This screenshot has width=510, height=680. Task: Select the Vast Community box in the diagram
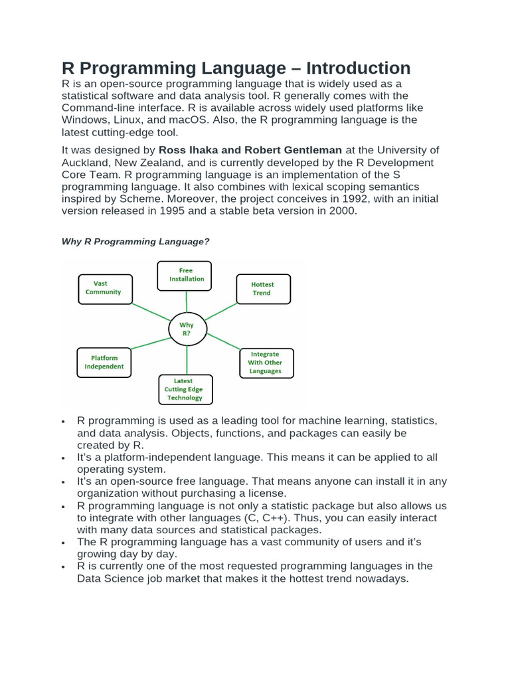(x=105, y=288)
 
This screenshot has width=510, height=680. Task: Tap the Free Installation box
(x=185, y=275)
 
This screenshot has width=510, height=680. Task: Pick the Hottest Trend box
(x=263, y=289)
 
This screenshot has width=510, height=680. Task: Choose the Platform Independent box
(x=104, y=362)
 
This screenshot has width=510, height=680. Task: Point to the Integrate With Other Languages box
(x=266, y=363)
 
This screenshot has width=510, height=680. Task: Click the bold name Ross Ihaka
(x=190, y=151)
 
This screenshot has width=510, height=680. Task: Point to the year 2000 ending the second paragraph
(x=342, y=211)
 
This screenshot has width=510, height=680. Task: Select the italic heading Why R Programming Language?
(x=135, y=242)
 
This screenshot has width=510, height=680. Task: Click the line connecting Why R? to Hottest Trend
(x=221, y=311)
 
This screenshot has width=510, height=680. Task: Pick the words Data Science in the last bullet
(x=109, y=578)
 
